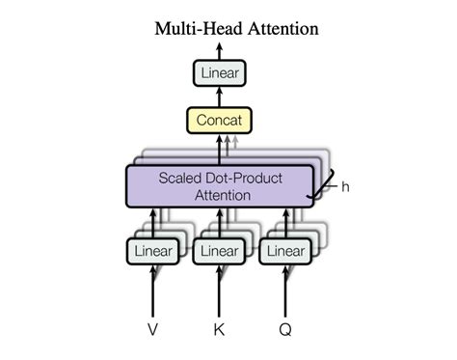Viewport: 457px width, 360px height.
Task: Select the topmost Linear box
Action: [218, 73]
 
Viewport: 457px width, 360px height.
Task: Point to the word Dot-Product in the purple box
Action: [242, 179]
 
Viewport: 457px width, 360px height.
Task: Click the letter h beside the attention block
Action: [344, 186]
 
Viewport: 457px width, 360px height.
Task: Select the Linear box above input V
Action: [152, 251]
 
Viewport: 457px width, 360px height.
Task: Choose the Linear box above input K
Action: [218, 251]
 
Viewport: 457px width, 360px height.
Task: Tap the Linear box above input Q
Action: [284, 251]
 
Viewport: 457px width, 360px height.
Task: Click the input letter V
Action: [152, 329]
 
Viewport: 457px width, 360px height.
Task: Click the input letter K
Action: [218, 329]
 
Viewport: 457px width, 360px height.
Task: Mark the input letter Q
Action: [284, 329]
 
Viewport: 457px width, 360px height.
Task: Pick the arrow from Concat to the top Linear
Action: [218, 97]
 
